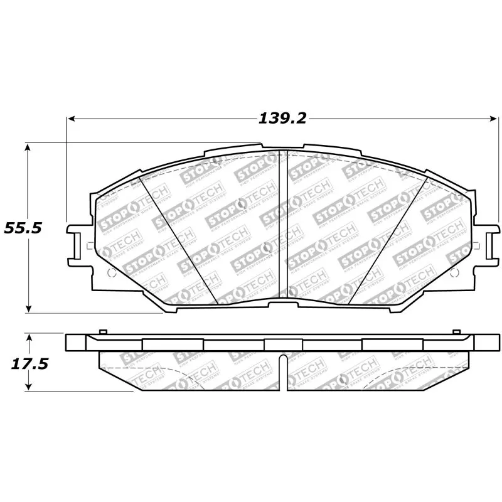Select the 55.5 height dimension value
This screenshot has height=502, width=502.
click(23, 228)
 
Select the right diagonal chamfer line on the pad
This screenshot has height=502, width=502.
click(388, 238)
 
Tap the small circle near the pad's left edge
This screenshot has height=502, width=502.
click(112, 273)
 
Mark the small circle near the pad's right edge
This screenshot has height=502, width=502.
click(454, 272)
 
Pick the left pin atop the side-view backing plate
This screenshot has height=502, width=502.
click(104, 331)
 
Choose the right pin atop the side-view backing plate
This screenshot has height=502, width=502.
click(456, 331)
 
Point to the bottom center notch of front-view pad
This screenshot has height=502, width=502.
click(282, 303)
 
